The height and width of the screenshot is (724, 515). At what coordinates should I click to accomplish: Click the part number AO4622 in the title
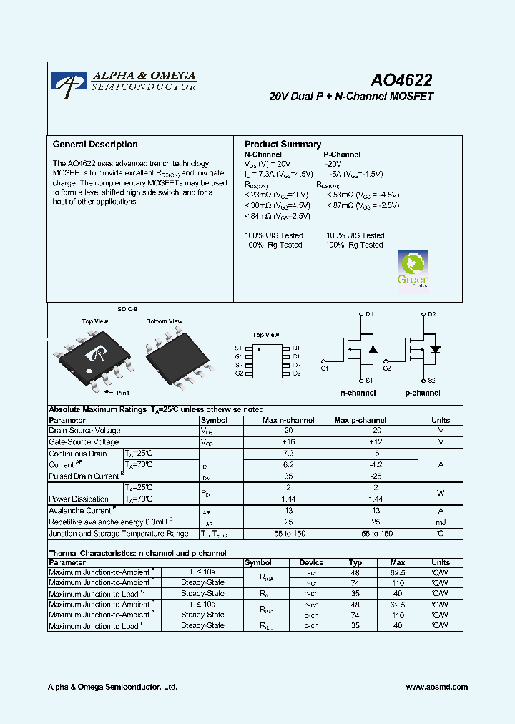tap(401, 82)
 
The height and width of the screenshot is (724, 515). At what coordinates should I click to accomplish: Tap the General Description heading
tap(95, 145)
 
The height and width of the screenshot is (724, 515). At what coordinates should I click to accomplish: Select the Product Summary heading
tap(283, 145)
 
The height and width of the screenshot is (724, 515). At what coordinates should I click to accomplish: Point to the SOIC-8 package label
tap(127, 309)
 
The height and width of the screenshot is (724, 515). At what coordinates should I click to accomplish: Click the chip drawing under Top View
tap(92, 354)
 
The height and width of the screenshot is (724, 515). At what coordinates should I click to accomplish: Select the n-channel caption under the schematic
tap(358, 393)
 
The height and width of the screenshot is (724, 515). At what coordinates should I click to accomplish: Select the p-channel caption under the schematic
tap(423, 393)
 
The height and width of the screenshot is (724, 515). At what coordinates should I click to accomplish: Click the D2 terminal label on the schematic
tap(432, 314)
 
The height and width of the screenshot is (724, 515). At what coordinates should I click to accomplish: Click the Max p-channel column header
tap(360, 421)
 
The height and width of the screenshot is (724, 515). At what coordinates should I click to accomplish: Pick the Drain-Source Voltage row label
tap(84, 431)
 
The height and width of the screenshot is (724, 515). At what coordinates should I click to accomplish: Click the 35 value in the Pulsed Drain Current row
tap(288, 476)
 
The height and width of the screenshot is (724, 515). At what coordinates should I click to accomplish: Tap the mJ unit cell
tap(441, 522)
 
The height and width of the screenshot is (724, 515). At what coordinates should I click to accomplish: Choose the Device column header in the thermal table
tap(311, 563)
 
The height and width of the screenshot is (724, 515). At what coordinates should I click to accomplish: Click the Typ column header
tap(355, 563)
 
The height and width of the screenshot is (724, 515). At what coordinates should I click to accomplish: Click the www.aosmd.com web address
tap(436, 687)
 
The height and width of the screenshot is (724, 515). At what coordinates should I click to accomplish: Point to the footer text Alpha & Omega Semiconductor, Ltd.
tap(112, 687)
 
